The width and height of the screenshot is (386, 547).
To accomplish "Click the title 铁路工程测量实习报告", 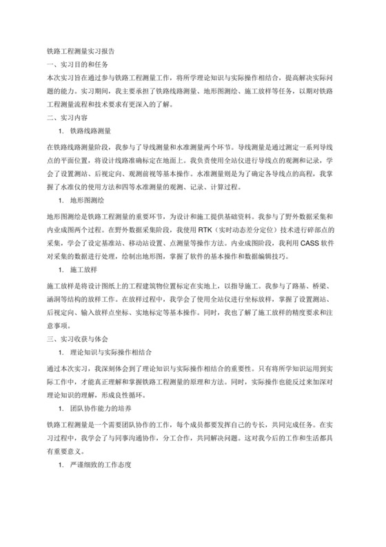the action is tap(85, 51).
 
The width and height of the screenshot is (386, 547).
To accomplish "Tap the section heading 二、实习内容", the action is tap(66, 117).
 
